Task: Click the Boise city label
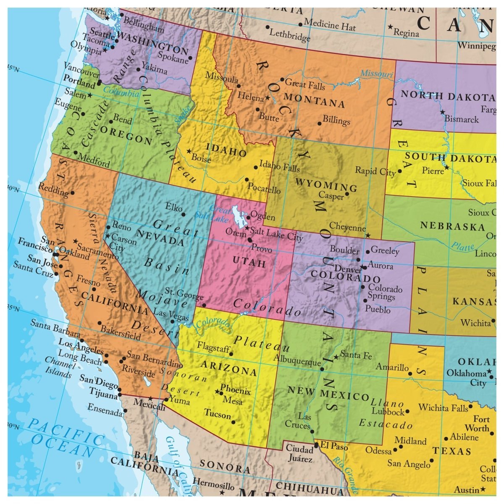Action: (x=201, y=158)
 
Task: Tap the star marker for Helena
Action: (x=268, y=98)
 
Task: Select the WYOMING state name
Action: (x=326, y=184)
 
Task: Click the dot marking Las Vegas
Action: (x=172, y=322)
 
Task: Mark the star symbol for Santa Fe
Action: (x=336, y=357)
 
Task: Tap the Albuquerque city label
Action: (x=297, y=360)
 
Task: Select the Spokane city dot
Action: (x=190, y=58)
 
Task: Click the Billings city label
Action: (x=336, y=121)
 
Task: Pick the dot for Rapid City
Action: (x=399, y=171)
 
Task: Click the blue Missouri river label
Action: (x=376, y=74)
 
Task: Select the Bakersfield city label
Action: (x=121, y=333)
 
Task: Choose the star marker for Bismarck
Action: (x=442, y=112)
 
